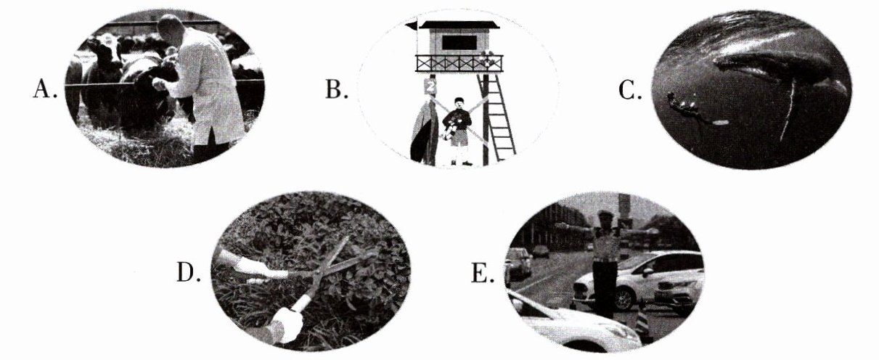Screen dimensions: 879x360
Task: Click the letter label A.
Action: point(45,89)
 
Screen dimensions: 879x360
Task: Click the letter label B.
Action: point(336,89)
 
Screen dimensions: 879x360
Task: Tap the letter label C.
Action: point(630,90)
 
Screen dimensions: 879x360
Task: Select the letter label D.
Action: point(189,272)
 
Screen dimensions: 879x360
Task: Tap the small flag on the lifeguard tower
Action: point(412,26)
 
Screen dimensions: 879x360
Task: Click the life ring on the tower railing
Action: point(486,60)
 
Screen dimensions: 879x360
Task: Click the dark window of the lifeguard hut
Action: point(459,42)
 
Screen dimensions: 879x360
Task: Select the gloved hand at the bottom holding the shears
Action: point(288,324)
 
